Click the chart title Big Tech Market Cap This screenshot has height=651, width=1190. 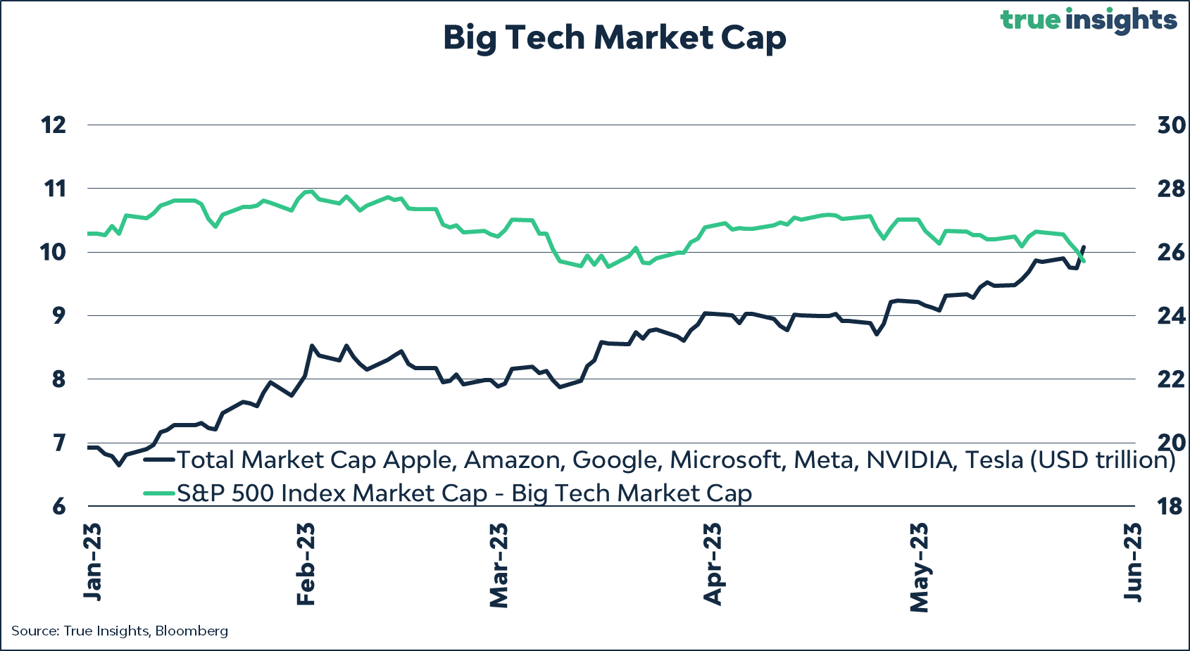click(x=614, y=38)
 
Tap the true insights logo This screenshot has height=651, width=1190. click(x=1088, y=20)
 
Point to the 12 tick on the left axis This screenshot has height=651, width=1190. click(x=54, y=125)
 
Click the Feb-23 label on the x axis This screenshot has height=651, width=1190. click(x=306, y=564)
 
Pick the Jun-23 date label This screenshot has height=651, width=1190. click(x=1132, y=562)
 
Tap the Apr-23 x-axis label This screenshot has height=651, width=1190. click(x=713, y=564)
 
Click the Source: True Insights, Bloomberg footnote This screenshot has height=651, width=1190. click(x=120, y=631)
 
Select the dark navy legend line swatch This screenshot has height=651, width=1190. click(x=158, y=460)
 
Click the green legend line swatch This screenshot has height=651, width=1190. click(x=158, y=493)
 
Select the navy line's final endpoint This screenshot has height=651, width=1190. click(x=1084, y=246)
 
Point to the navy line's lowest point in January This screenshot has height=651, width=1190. click(x=119, y=465)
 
